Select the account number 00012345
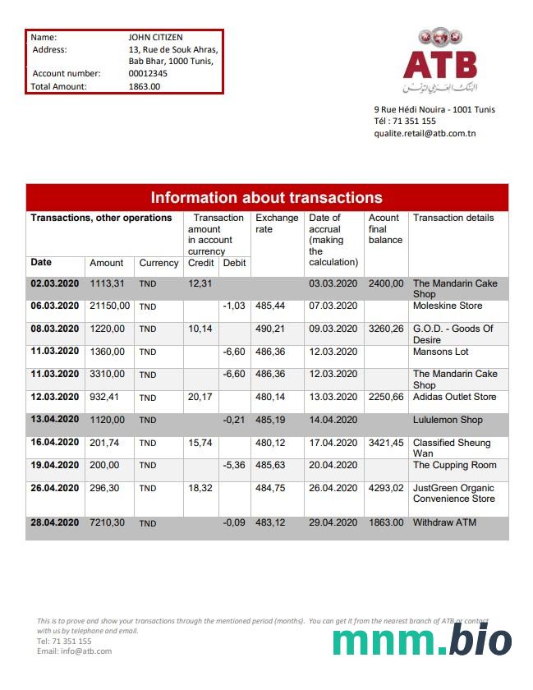point(148,74)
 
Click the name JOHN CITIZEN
point(155,37)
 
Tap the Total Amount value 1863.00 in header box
point(145,86)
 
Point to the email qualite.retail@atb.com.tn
point(425,133)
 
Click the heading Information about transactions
point(266,197)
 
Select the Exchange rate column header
point(277,223)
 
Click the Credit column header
point(201,263)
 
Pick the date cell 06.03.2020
point(55,306)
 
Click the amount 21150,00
point(109,306)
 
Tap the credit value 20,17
point(200,398)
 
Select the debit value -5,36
point(234,465)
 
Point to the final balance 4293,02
point(386,488)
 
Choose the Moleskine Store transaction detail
point(448,306)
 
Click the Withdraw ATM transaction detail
point(444,522)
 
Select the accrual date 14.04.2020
point(333,420)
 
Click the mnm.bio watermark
point(422,640)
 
